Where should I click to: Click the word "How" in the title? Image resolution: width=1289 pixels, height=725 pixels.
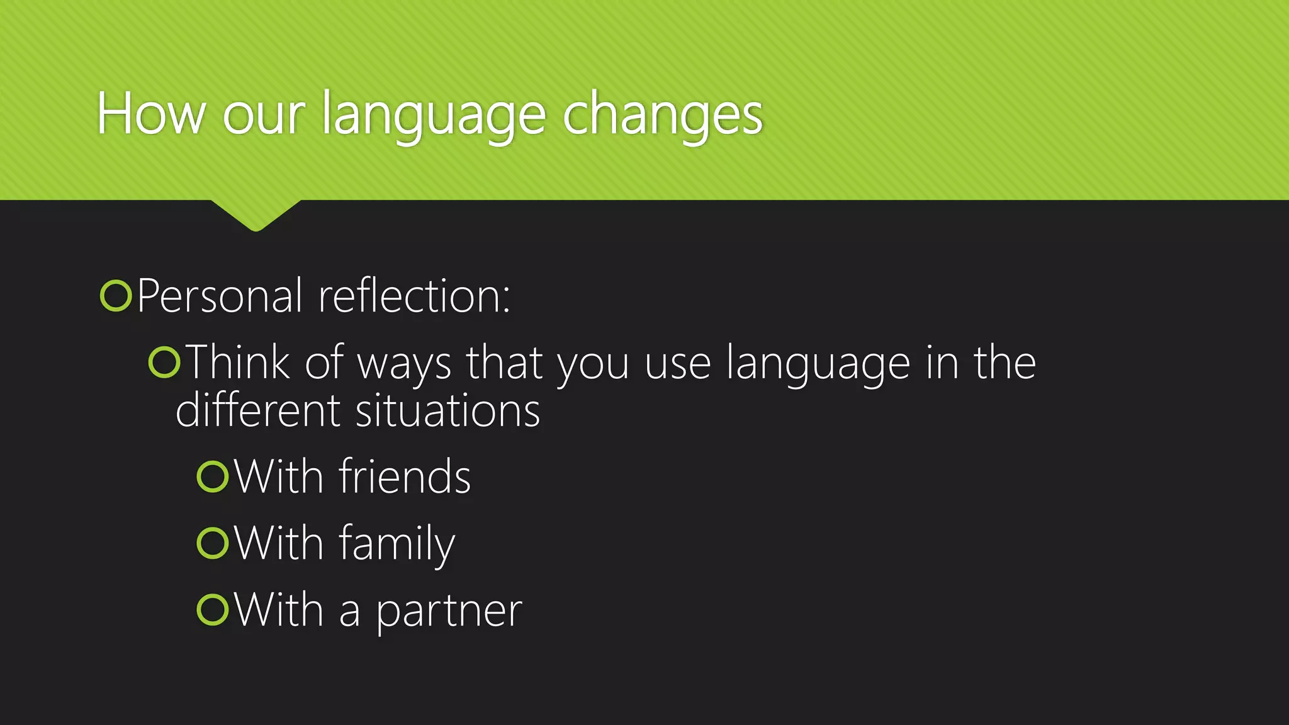151,115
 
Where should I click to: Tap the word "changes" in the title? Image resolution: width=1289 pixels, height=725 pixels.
662,116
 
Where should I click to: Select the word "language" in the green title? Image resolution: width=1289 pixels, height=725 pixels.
433,116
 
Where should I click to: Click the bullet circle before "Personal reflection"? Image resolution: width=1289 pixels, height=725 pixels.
116,296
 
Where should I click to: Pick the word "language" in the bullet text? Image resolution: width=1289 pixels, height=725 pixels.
818,365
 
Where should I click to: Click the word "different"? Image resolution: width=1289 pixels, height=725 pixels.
258,410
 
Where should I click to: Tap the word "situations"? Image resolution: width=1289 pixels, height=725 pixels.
447,410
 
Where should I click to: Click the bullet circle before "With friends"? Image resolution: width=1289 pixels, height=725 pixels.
212,476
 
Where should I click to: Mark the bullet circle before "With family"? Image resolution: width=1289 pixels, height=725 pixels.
212,543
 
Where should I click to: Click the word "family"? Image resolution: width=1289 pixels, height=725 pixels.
397,544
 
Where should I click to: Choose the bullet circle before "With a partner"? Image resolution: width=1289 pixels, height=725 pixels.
212,609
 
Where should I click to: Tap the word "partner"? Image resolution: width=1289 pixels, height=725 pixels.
449,612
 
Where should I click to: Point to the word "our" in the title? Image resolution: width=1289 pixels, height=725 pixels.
263,116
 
